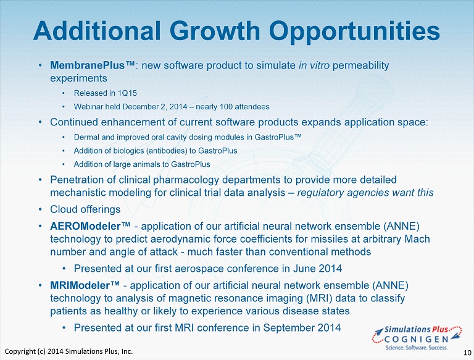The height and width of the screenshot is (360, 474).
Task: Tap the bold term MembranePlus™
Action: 93,65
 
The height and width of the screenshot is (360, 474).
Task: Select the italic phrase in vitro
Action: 314,65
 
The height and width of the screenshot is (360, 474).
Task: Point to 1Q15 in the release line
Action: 127,93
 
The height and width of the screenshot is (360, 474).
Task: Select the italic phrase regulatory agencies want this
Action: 365,193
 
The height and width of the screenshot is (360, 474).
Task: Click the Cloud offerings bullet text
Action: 85,209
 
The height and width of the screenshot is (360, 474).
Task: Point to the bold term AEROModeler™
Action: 90,226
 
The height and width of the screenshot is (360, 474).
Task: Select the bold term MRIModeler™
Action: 85,285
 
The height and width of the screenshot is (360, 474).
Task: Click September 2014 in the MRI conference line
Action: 302,328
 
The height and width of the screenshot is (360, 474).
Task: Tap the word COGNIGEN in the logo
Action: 416,340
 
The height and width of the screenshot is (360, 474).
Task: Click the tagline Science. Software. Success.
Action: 417,348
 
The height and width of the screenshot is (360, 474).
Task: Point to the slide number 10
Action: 467,353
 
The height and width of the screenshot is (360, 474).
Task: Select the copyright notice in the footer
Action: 69,351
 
